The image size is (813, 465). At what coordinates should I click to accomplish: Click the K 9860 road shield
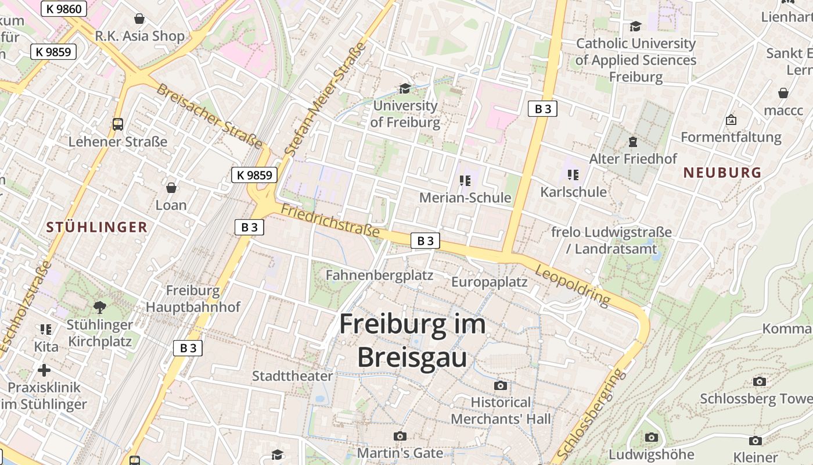pos(64,9)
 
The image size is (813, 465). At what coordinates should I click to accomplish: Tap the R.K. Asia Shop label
pos(139,36)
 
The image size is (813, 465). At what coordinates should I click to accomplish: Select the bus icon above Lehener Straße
pos(118,124)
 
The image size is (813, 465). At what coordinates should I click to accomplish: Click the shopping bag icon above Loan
pos(171,188)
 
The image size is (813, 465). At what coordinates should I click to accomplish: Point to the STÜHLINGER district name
pos(97,227)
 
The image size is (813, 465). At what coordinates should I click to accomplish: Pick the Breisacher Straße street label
pos(209,115)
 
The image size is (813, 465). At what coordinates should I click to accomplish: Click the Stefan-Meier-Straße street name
pos(326,99)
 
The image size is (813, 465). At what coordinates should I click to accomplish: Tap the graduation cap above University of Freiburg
pos(405,88)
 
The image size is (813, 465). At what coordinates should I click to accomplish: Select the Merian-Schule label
pos(465,198)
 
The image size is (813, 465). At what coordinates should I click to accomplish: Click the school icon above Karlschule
pos(573,174)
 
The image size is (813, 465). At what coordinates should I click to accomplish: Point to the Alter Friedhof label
pos(633,159)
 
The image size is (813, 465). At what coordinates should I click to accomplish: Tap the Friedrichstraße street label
pos(330,220)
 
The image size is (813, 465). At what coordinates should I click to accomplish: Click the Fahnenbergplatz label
pos(379,275)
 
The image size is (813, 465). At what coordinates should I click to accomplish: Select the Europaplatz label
pos(490,282)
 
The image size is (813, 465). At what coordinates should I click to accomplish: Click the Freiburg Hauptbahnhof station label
pos(193,299)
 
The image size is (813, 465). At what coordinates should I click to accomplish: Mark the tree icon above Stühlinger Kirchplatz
pos(100,306)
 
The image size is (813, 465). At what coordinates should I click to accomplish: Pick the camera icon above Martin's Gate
pos(400,436)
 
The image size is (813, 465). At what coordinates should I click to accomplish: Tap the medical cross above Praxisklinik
pos(44,370)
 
